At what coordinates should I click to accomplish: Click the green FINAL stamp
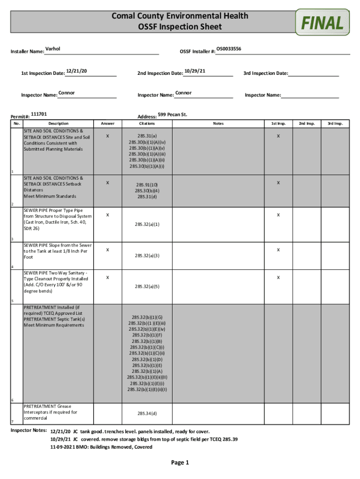323,22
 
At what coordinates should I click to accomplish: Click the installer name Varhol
53,49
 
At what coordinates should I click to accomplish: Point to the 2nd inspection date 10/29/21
195,71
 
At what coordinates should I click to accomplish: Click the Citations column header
147,124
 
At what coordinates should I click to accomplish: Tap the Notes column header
218,124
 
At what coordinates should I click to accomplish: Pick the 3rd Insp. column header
335,124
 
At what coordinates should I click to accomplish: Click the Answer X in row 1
108,136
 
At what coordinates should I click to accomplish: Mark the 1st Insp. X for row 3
278,215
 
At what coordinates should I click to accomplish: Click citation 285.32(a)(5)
147,286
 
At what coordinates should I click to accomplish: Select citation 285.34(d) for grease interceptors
147,414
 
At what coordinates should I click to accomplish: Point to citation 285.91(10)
147,185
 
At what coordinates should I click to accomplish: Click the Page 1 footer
180,463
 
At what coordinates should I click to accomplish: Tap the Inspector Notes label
29,430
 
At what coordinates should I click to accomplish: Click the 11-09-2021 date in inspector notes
64,447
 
